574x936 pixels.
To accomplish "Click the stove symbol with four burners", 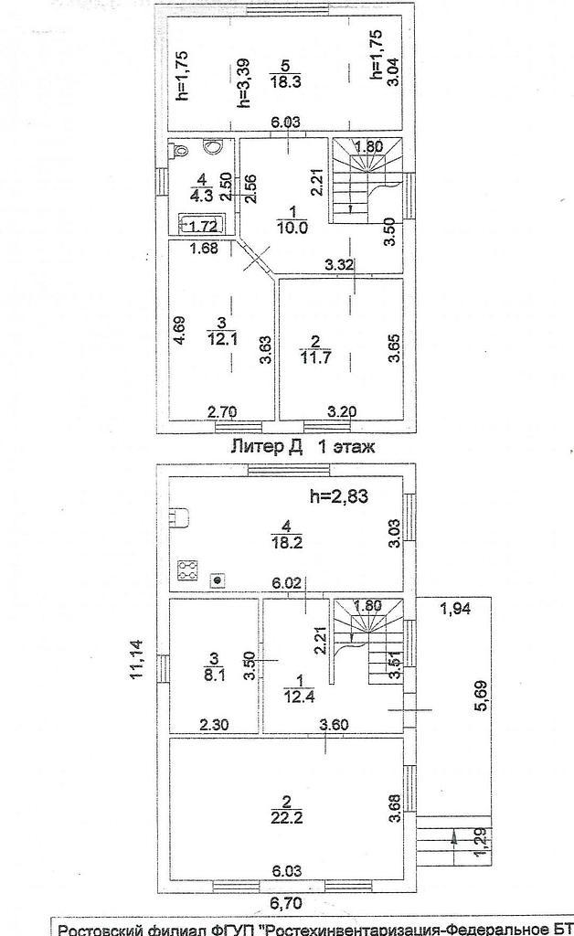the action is click(x=188, y=570).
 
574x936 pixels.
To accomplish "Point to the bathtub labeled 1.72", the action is click(x=202, y=225).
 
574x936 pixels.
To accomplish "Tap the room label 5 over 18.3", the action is click(x=285, y=73).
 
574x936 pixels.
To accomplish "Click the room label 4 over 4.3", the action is click(x=202, y=186).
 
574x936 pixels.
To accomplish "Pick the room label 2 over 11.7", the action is click(x=315, y=349).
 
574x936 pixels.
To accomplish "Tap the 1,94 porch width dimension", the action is click(x=454, y=609).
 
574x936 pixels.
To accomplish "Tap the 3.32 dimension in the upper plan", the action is click(x=339, y=264).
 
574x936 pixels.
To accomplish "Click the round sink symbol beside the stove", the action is click(x=218, y=579).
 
